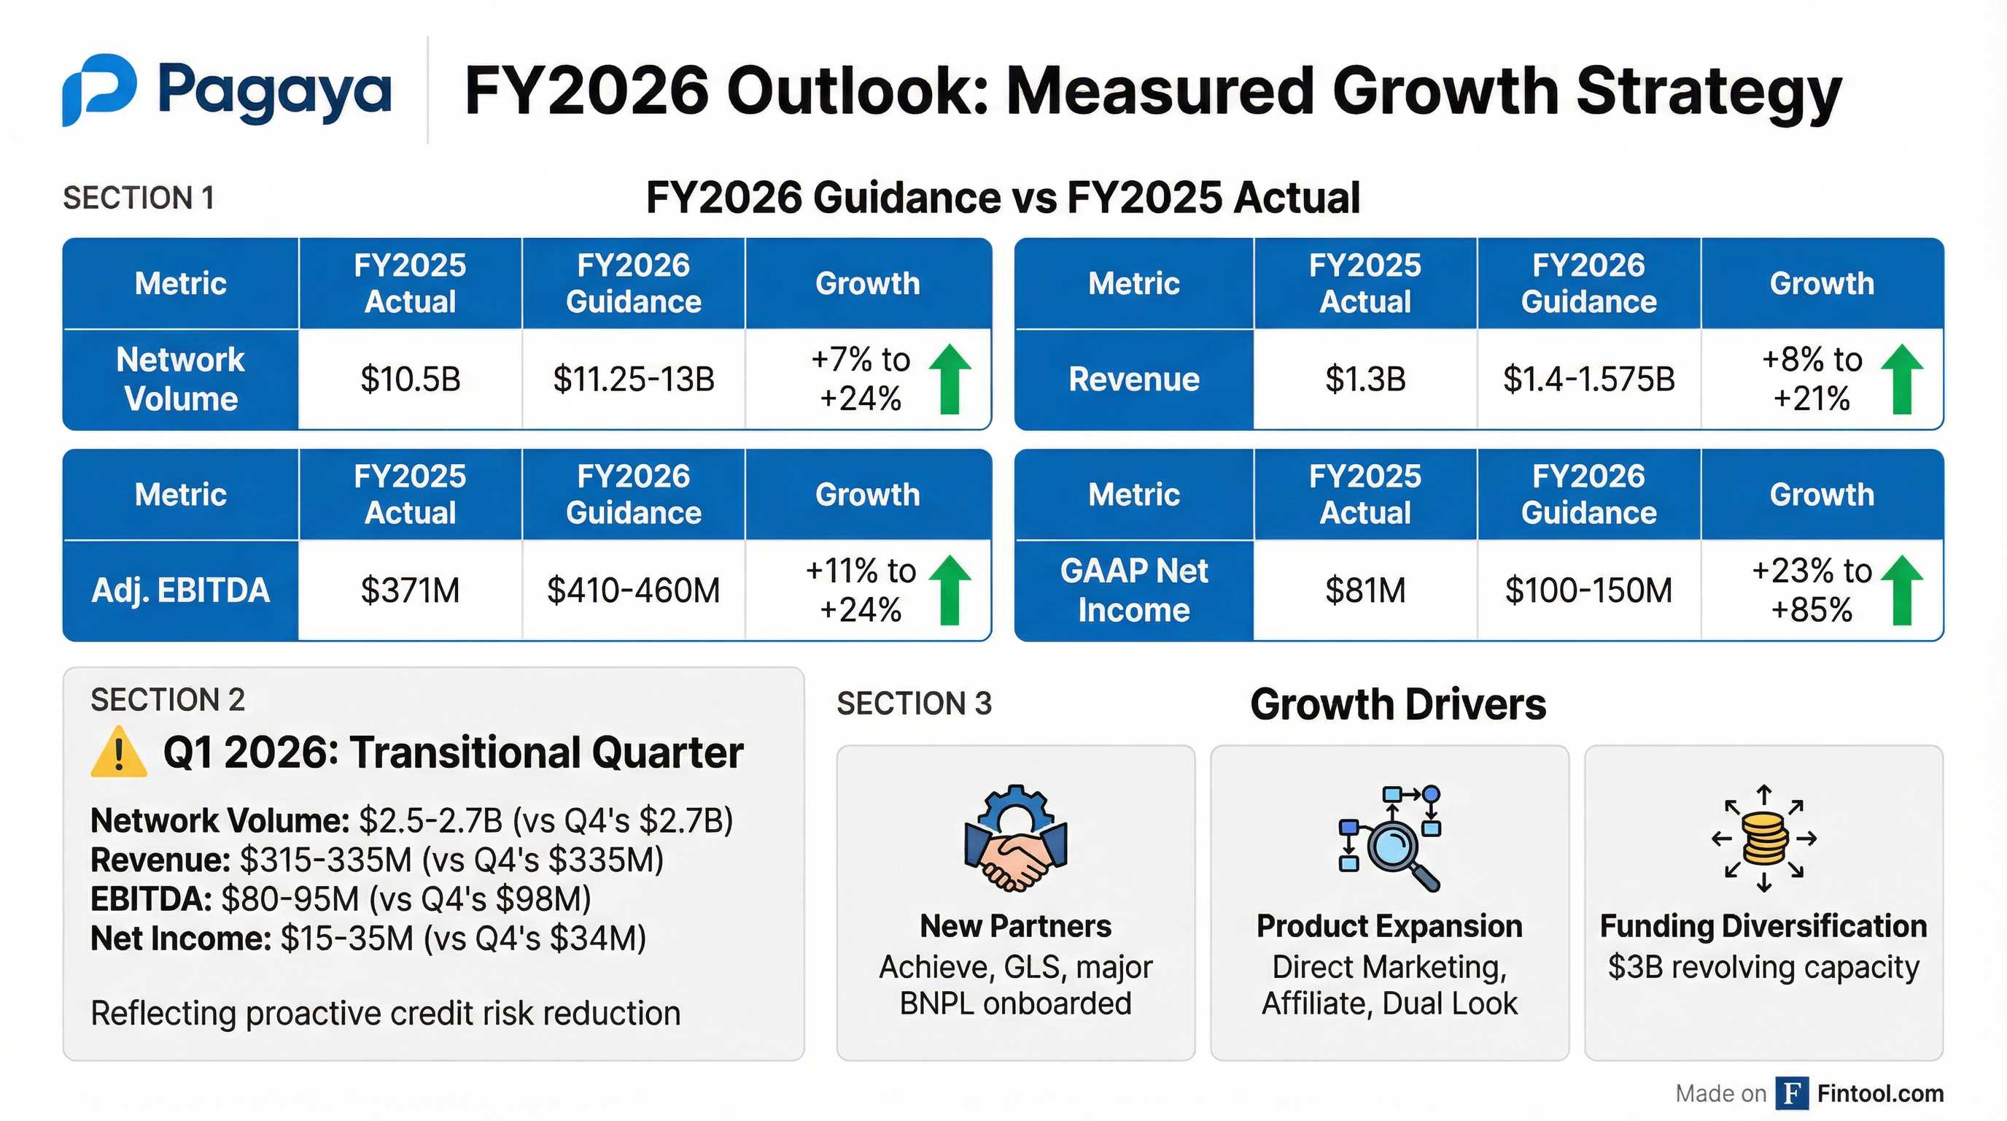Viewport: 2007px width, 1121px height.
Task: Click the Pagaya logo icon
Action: coord(100,89)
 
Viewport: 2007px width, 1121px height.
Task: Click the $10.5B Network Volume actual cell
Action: coord(410,380)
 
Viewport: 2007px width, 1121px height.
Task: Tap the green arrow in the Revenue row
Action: coord(1901,379)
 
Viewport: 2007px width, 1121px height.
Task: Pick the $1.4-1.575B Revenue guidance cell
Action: coord(1588,380)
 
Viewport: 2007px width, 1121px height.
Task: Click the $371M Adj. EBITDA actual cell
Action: coord(410,590)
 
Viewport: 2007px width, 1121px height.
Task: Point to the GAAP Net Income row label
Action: coord(1133,590)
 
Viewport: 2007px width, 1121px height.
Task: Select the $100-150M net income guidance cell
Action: coord(1588,590)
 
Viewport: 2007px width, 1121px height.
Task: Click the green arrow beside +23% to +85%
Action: coord(1901,590)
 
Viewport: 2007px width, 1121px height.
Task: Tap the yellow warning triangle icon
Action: coord(118,753)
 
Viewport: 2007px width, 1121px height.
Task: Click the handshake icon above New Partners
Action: coord(1015,838)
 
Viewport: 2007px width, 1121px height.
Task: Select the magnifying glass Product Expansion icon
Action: coord(1390,838)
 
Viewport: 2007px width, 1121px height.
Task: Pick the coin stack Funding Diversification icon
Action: coord(1764,838)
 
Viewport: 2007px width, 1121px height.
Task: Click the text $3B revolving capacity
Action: coord(1763,967)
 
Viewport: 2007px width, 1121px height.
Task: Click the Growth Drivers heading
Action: coord(1398,704)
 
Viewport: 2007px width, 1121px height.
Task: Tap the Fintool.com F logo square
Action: coord(1791,1093)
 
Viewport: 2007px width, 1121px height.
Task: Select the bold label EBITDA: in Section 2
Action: coord(151,899)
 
